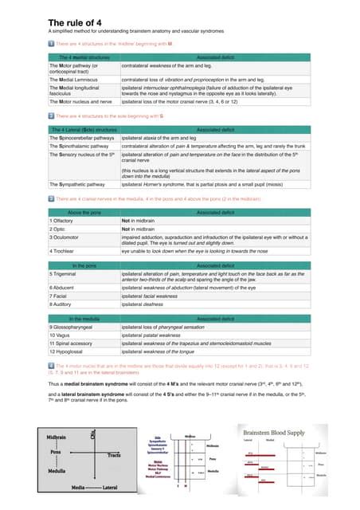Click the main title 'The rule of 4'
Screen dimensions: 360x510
point(76,22)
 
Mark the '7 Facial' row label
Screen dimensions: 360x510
point(62,296)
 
